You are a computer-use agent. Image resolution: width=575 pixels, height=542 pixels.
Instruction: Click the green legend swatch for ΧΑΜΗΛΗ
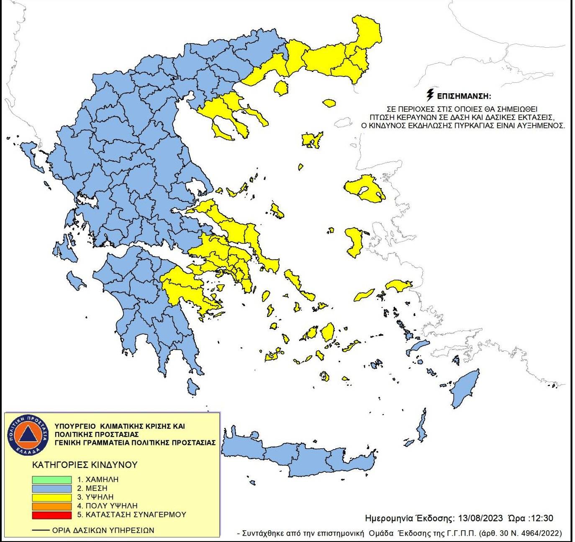[51, 480]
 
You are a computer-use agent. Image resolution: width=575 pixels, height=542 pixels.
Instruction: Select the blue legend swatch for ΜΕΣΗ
[51, 488]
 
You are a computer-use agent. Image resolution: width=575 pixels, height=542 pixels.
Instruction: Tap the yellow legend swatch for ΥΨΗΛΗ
[51, 497]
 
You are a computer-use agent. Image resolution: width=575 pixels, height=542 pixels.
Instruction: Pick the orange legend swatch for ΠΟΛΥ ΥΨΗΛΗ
[51, 506]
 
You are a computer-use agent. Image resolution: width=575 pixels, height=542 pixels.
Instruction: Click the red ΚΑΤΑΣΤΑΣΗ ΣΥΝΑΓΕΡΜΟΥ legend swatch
[51, 515]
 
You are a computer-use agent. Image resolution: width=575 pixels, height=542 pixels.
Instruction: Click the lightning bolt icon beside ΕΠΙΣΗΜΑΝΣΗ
[429, 95]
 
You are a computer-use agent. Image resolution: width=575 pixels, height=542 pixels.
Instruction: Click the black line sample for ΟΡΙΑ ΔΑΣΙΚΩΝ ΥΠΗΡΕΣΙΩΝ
[41, 530]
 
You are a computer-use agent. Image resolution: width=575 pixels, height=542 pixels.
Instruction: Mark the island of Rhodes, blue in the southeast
[465, 389]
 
